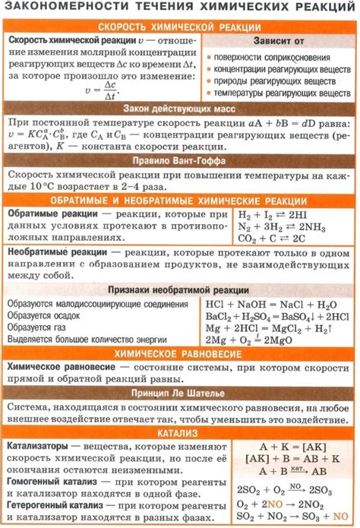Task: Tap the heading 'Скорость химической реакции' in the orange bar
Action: [180, 26]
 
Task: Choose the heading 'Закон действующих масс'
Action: [180, 108]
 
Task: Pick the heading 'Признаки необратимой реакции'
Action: [180, 289]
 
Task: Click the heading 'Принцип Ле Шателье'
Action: [180, 394]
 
